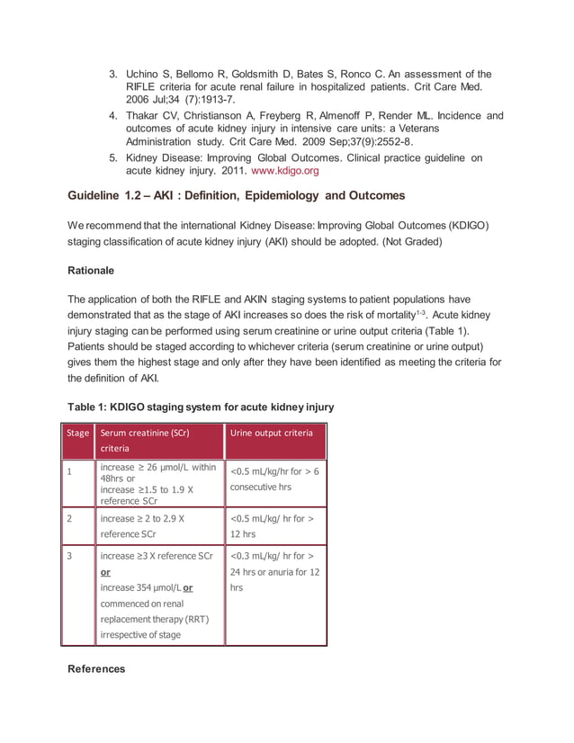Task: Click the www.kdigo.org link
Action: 283,170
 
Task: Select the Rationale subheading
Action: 96,268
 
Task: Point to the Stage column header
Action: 78,433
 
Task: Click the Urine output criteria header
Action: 272,433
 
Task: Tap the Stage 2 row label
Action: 68,519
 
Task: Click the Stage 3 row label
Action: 68,556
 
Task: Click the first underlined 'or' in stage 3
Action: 105,572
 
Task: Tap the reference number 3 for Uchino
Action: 113,73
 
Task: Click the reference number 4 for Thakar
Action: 113,116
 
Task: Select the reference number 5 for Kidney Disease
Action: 113,157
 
